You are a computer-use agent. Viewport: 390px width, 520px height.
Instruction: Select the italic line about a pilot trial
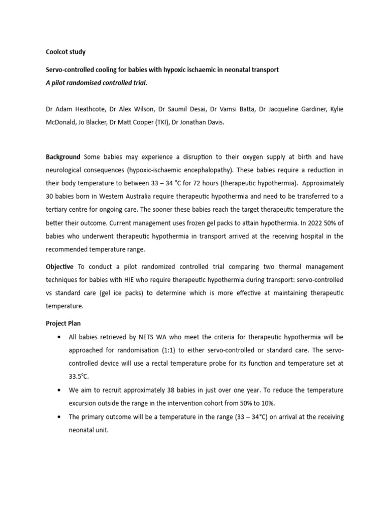click(x=96, y=83)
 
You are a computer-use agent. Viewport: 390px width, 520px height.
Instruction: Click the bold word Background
click(x=63, y=156)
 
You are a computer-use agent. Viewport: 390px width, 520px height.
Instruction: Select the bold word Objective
click(x=60, y=266)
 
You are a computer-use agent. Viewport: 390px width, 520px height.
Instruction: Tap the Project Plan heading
click(x=63, y=323)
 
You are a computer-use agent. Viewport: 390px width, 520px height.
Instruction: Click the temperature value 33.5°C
click(x=79, y=376)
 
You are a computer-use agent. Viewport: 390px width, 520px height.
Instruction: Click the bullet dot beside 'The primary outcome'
click(x=60, y=417)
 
